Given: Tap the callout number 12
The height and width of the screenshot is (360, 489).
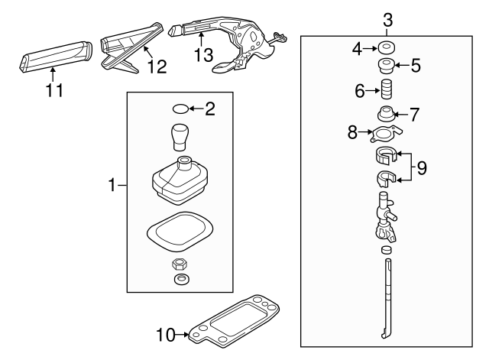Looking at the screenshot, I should click(156, 68).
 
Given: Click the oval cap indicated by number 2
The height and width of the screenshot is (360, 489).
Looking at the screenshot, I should click(179, 109).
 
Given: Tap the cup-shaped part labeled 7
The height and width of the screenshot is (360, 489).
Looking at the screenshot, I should click(387, 115).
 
